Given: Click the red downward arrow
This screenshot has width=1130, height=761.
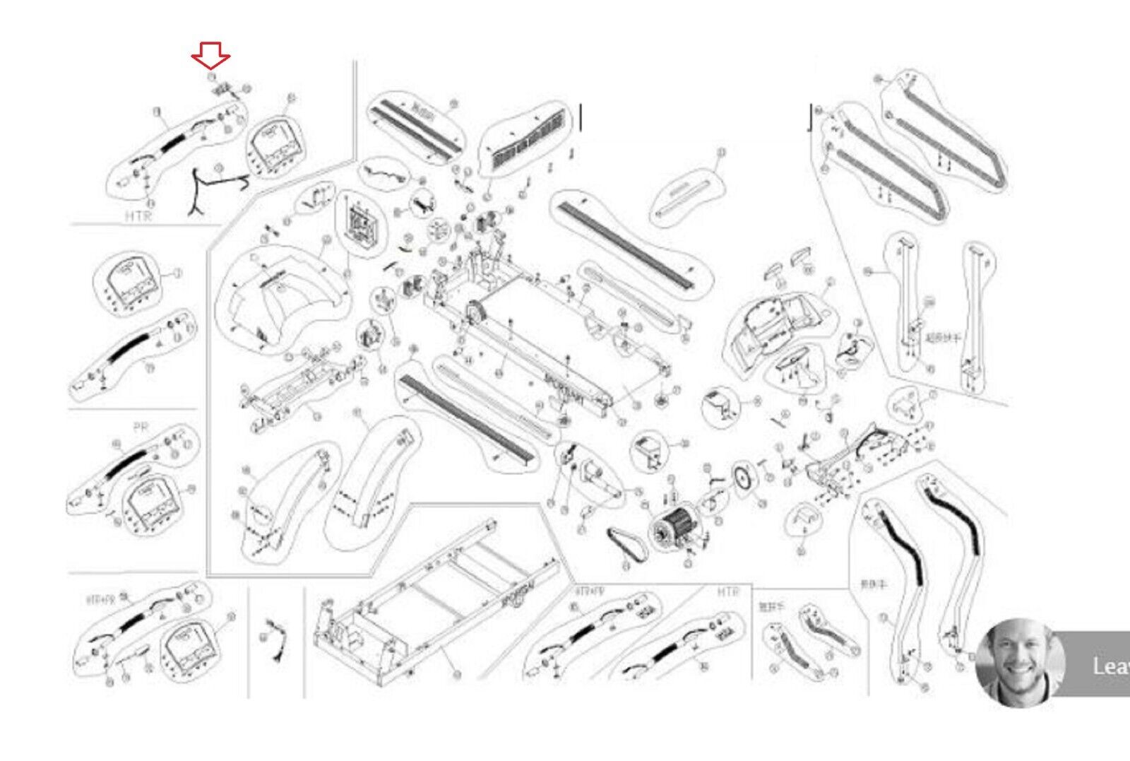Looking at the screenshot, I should coord(210,55).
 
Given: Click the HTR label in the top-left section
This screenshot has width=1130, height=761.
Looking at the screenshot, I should coord(138,216).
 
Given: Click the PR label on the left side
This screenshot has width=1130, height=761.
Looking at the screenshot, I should coord(140,427).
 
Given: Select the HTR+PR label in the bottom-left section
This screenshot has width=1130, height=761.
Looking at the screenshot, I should coord(100,600).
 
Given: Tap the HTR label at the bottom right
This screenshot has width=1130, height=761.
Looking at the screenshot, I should coord(727,591).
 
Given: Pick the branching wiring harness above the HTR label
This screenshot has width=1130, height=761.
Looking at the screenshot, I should coord(212,187).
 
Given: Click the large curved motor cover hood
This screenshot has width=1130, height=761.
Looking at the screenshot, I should coord(282,297).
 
